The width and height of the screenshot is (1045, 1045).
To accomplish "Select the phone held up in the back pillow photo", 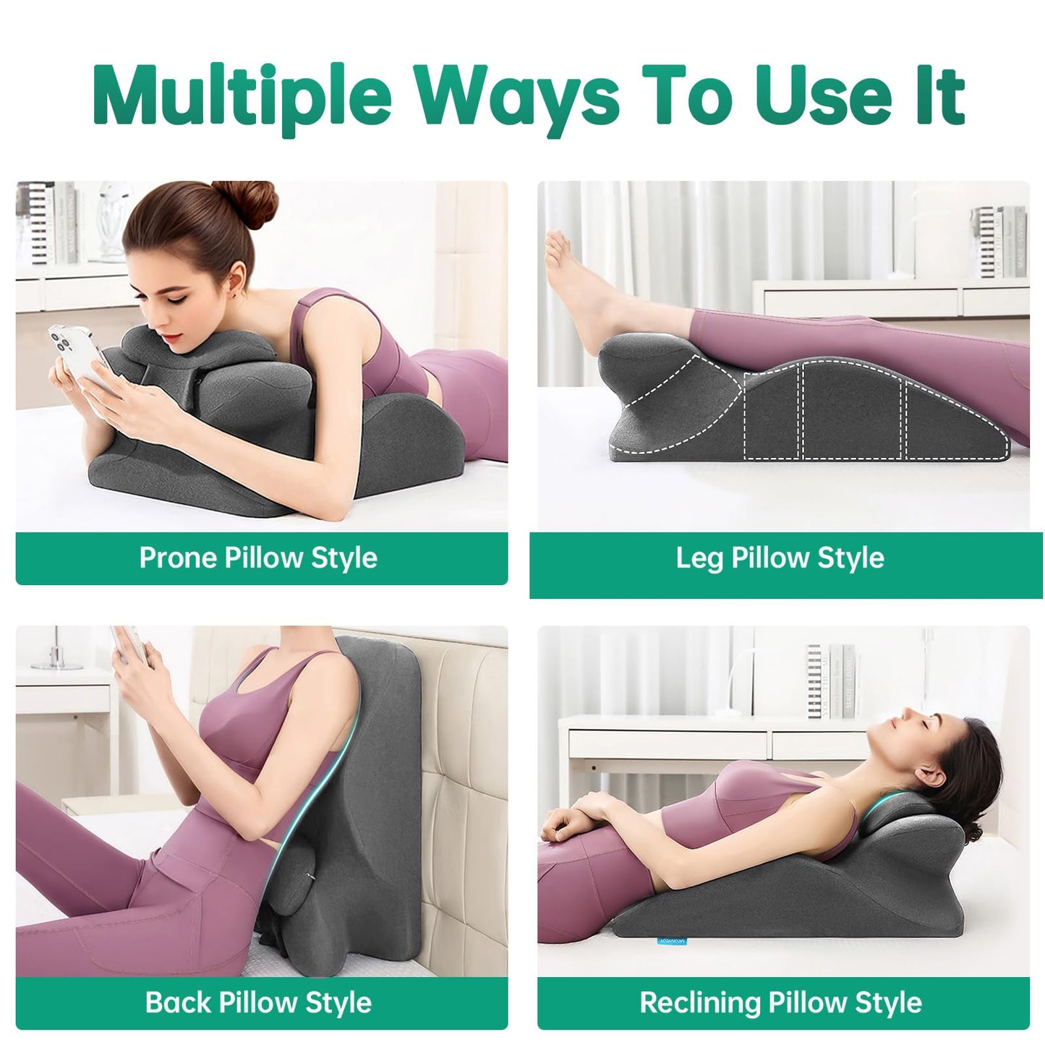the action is point(129,644).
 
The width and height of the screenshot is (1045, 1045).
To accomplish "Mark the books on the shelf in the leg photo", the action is point(999,242).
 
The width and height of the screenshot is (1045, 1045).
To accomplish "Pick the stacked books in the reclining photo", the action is point(832,682).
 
